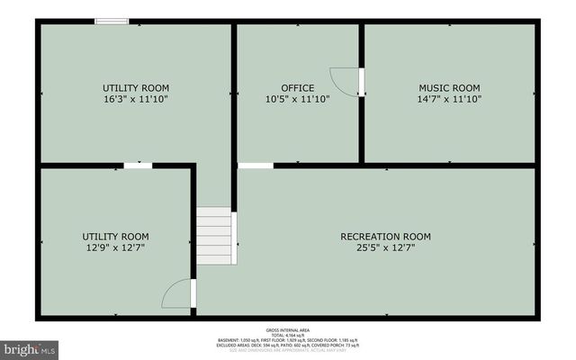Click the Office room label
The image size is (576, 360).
pyautogui.click(x=297, y=88)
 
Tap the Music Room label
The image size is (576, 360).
pyautogui.click(x=449, y=88)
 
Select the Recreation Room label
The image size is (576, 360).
pyautogui.click(x=385, y=237)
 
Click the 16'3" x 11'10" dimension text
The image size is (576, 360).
pyautogui.click(x=135, y=99)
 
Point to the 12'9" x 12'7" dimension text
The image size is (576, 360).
pyautogui.click(x=115, y=247)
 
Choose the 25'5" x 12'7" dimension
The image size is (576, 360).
pyautogui.click(x=385, y=247)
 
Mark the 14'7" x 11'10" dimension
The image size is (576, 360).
pyautogui.click(x=449, y=99)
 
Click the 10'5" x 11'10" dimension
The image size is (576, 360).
pyautogui.click(x=297, y=99)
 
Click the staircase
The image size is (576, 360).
pyautogui.click(x=216, y=235)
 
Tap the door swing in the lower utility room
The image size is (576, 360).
pyautogui.click(x=178, y=294)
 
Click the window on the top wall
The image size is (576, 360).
pyautogui.click(x=112, y=21)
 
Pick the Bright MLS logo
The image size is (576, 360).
pyautogui.click(x=29, y=347)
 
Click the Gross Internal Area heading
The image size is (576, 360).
pyautogui.click(x=287, y=330)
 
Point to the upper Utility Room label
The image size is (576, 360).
pyautogui.click(x=135, y=88)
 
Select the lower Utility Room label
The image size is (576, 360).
pyautogui.click(x=115, y=237)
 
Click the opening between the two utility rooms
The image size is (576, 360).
pyautogui.click(x=138, y=166)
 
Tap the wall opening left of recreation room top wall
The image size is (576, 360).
pyautogui.click(x=256, y=166)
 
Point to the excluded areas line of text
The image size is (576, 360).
pyautogui.click(x=287, y=345)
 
